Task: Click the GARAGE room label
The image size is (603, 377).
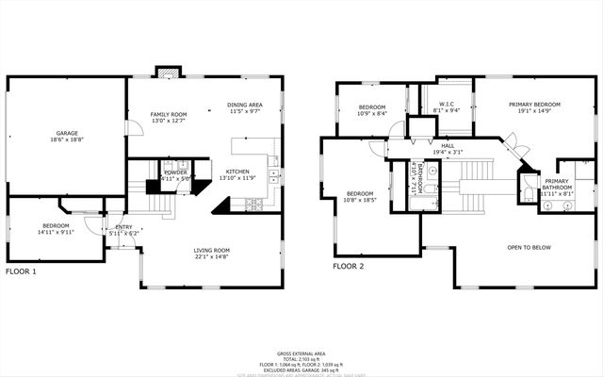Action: [66, 133]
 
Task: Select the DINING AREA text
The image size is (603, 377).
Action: [245, 105]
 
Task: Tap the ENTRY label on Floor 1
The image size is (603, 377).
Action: [123, 227]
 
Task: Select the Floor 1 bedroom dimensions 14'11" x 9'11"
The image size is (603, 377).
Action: [56, 233]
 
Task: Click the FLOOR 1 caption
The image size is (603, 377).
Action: [21, 271]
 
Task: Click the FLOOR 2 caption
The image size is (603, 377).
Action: [348, 266]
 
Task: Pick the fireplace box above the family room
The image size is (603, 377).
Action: [168, 73]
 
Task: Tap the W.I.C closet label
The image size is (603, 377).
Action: [445, 105]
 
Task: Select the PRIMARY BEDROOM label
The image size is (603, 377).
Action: [534, 105]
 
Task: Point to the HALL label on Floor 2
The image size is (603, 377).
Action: [448, 146]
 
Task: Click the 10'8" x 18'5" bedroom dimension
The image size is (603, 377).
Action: [360, 200]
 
